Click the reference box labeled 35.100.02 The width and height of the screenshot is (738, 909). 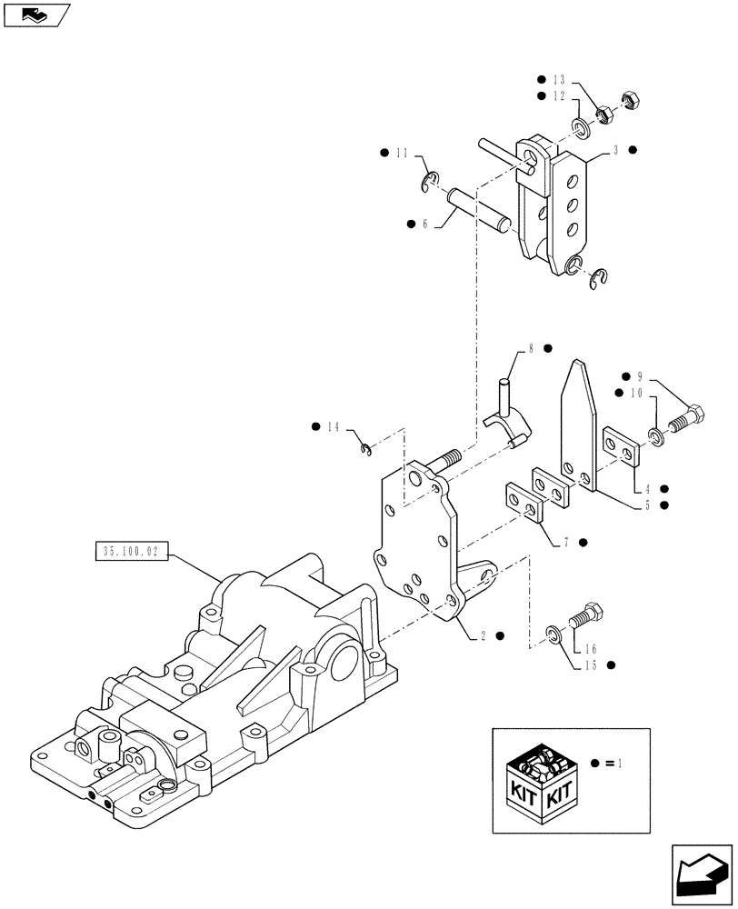click(x=131, y=551)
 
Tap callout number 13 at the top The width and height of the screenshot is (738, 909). click(x=558, y=79)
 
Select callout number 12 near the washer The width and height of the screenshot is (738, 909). click(x=558, y=95)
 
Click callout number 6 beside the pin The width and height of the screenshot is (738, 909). click(x=424, y=224)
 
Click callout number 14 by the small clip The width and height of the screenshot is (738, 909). click(x=334, y=426)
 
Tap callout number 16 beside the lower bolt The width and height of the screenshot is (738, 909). click(x=591, y=649)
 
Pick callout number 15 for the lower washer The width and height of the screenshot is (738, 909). click(x=591, y=665)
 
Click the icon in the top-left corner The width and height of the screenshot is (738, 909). click(x=35, y=15)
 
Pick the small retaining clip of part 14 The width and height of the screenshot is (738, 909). click(x=364, y=446)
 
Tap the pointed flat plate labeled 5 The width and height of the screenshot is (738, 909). click(x=580, y=423)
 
